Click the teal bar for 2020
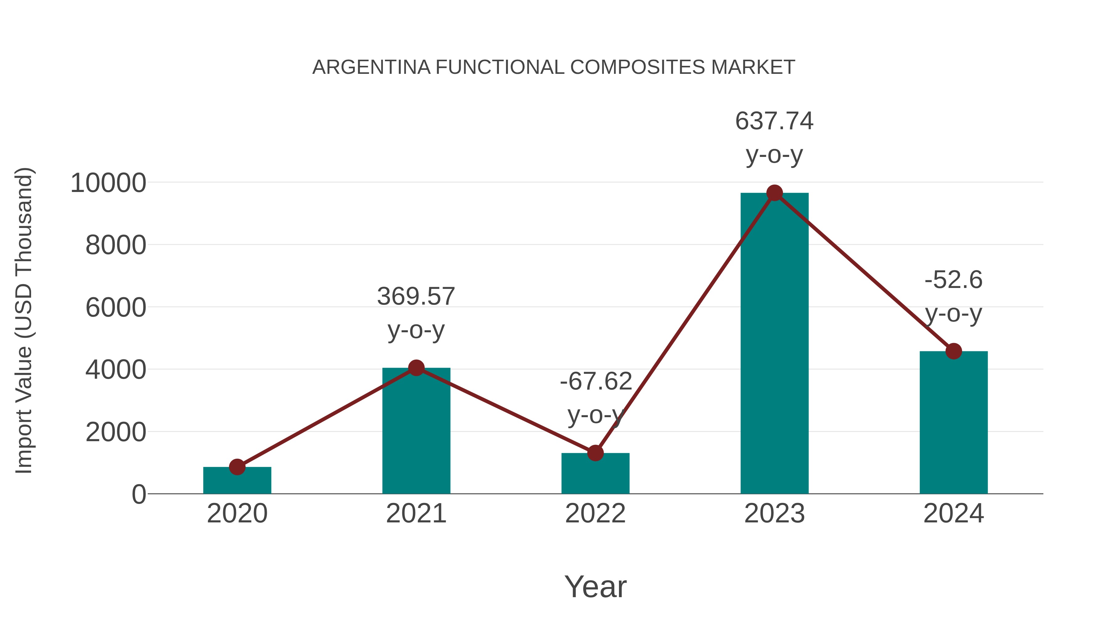coord(237,480)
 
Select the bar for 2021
coord(416,430)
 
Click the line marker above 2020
coord(237,466)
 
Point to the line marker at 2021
coord(416,368)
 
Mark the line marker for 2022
coord(595,453)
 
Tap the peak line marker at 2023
coord(774,193)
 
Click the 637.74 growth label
coord(774,121)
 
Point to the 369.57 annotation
coord(416,296)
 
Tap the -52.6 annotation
coord(953,280)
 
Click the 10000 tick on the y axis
coord(108,183)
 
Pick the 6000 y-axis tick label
coord(116,308)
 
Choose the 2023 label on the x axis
coord(774,513)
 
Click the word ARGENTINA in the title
coord(371,67)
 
